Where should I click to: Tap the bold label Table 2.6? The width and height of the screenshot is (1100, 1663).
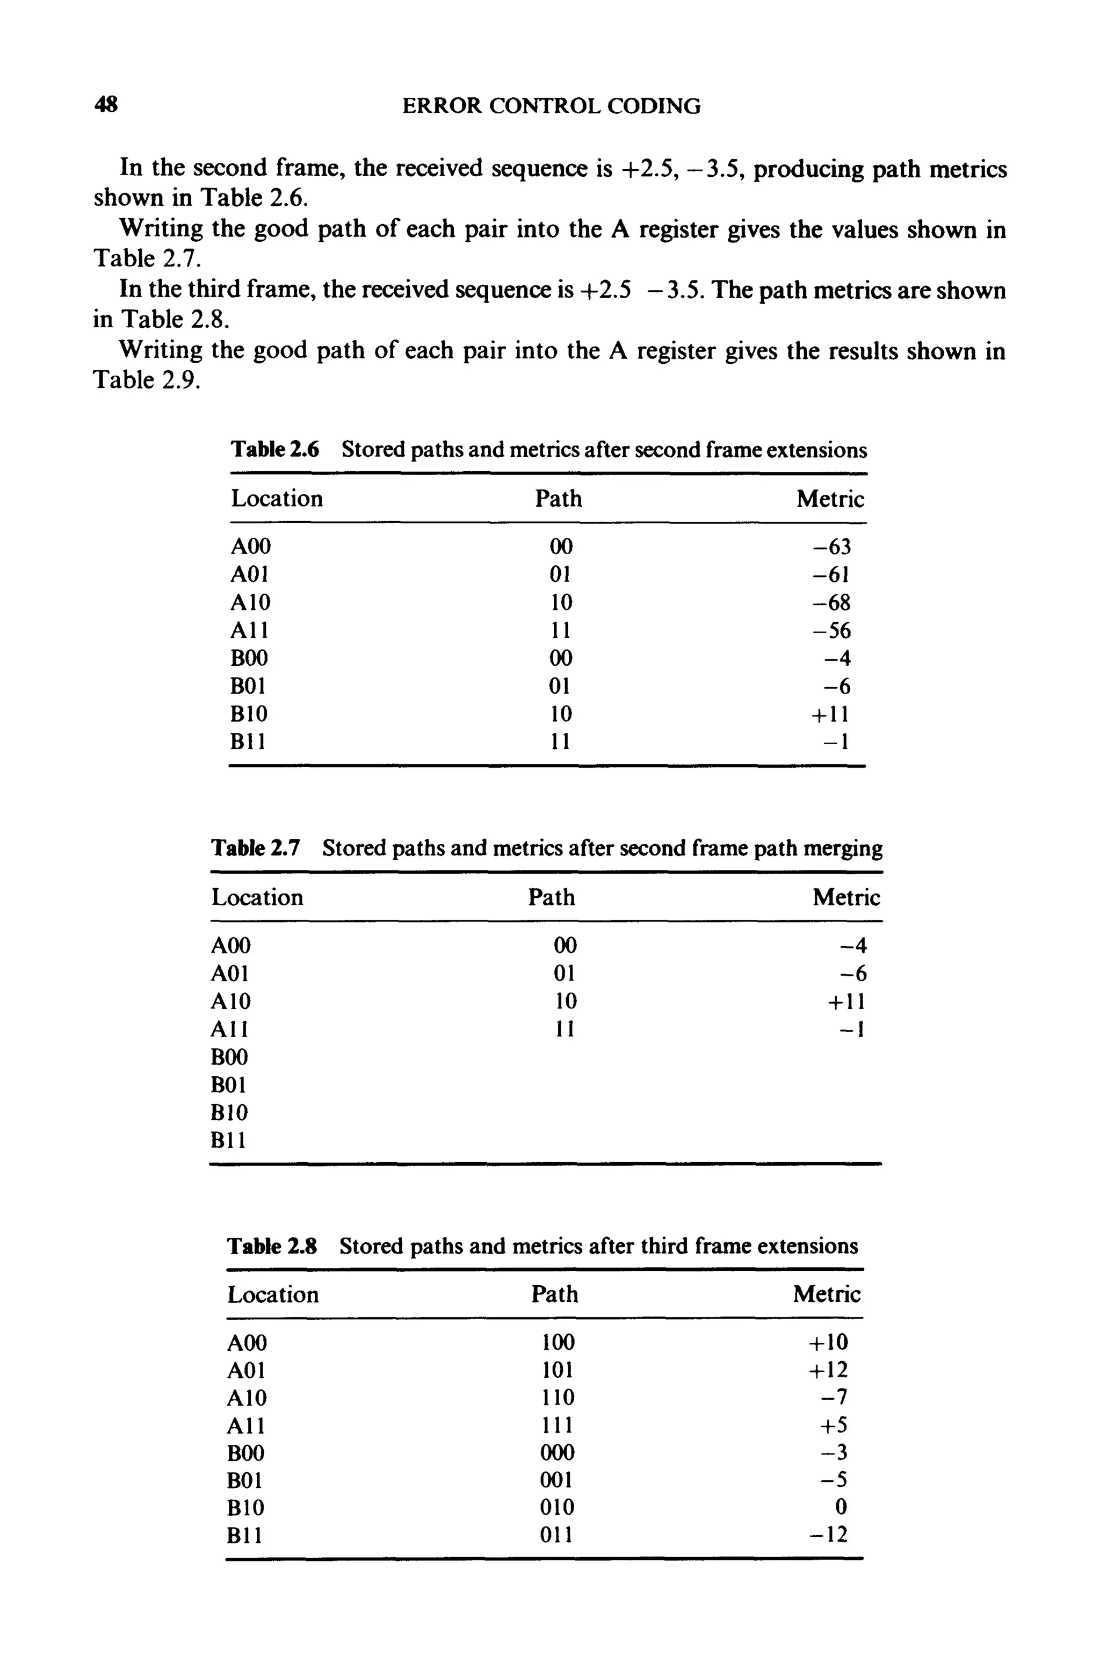tap(275, 449)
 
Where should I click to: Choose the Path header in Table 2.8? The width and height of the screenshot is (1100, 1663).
tap(555, 1294)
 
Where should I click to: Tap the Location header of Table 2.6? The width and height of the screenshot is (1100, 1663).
tap(277, 499)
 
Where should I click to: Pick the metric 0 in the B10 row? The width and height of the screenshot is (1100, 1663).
tap(842, 1507)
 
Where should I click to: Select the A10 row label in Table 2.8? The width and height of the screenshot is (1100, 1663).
tap(246, 1398)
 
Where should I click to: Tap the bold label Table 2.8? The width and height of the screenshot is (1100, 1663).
tap(272, 1246)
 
